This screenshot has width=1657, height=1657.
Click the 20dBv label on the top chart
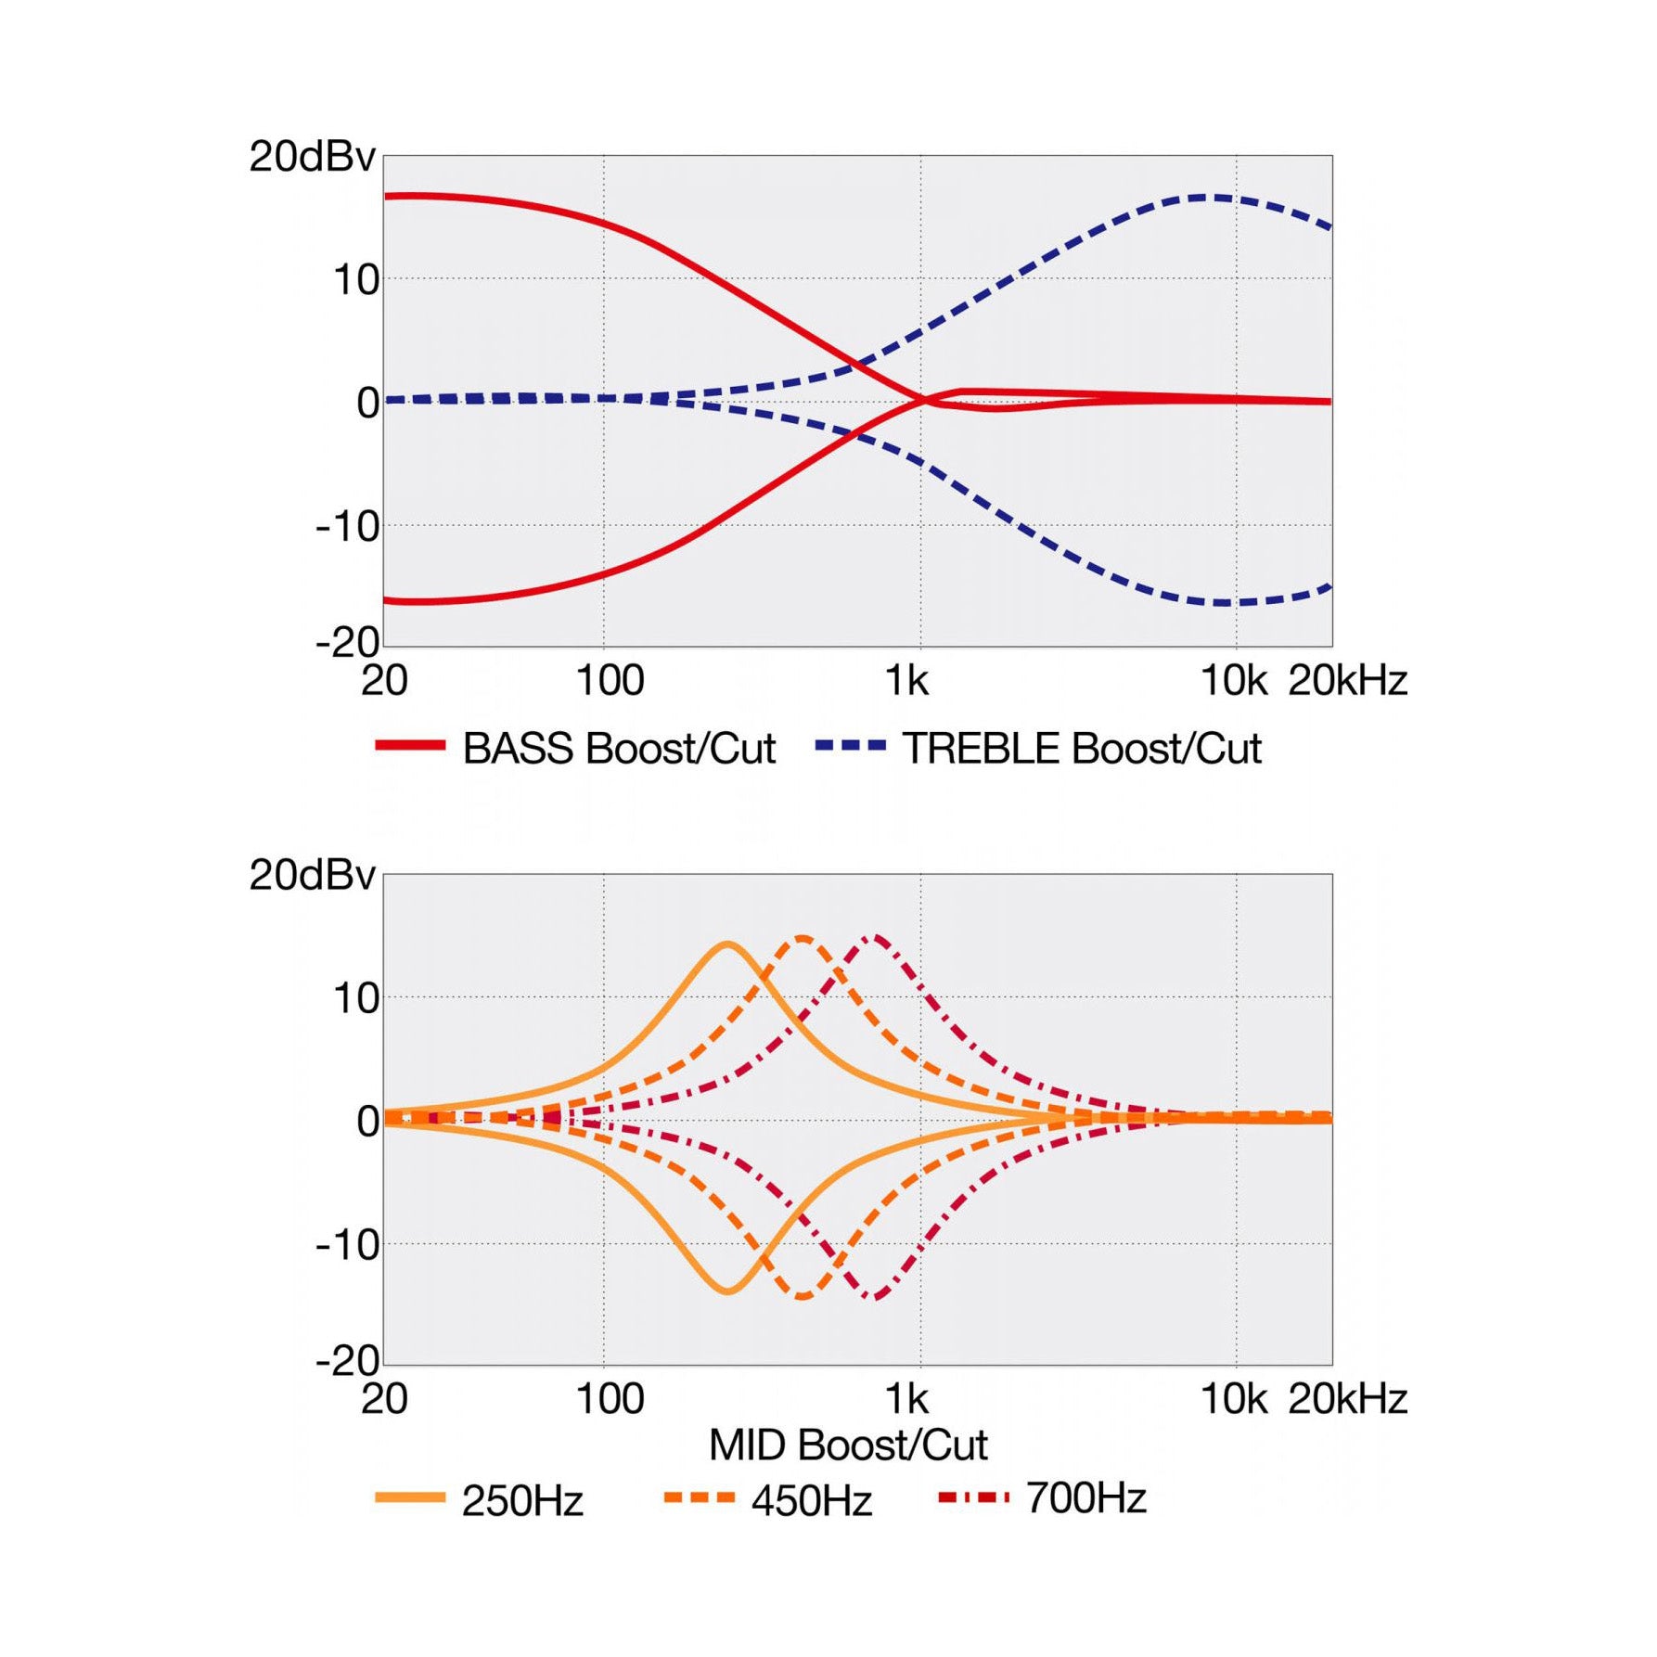312,157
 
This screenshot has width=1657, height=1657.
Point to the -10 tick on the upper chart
348,527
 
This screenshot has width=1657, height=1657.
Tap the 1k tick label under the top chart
906,681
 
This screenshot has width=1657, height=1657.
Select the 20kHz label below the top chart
1347,681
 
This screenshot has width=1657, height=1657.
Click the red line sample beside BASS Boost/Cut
410,745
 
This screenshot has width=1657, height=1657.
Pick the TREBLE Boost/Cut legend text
1082,749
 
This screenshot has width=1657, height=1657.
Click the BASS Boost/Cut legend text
619,749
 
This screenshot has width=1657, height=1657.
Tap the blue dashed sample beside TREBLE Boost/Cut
851,745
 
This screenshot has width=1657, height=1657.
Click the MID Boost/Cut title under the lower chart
848,1445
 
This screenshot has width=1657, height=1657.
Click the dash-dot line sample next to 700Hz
973,1497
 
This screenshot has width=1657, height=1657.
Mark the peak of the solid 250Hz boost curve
728,944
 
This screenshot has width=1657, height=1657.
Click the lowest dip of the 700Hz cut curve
876,1297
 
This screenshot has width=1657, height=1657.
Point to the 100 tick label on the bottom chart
610,1399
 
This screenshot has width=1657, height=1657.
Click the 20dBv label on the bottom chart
312,875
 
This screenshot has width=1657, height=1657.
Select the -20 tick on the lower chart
348,1361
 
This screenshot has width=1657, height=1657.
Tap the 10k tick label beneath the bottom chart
1233,1399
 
